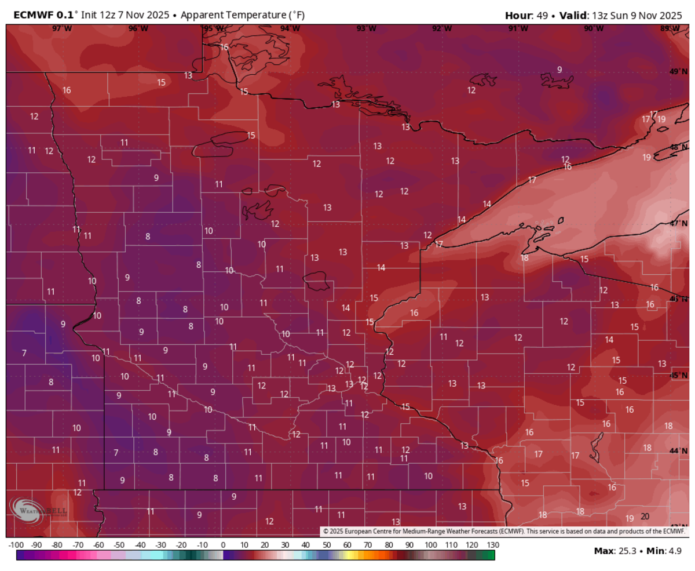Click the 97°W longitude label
(x=61, y=28)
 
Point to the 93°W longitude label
(x=365, y=28)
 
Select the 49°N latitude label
(x=678, y=72)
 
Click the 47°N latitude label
(x=678, y=223)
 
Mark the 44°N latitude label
(x=678, y=450)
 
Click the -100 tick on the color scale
(x=16, y=545)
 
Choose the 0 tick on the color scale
(x=223, y=545)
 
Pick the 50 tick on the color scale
(x=326, y=545)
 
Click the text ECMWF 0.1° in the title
(x=43, y=14)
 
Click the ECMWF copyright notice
(x=503, y=531)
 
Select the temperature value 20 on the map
(x=646, y=517)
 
